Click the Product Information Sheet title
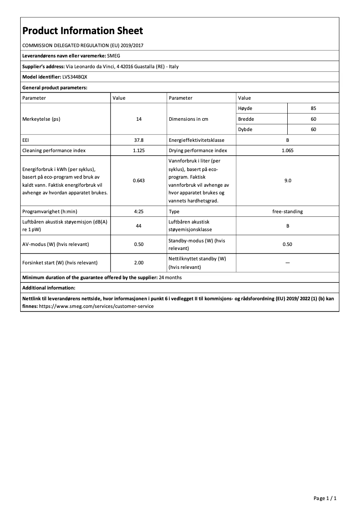tap(83, 31)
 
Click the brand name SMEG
tap(115, 56)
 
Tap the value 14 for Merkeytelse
tap(139, 119)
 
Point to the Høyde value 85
tap(313, 108)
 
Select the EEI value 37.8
tap(139, 140)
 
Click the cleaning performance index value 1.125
tap(139, 150)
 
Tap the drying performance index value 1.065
tap(287, 150)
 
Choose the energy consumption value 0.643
tap(139, 180)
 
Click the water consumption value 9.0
tap(287, 180)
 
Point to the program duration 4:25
tap(139, 211)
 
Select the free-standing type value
tap(287, 211)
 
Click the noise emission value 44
tap(139, 226)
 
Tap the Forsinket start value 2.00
tap(139, 263)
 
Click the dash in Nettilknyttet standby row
tap(287, 263)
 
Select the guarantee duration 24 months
tap(170, 277)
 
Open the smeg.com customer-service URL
tap(97, 306)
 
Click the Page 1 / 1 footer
tap(325, 498)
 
